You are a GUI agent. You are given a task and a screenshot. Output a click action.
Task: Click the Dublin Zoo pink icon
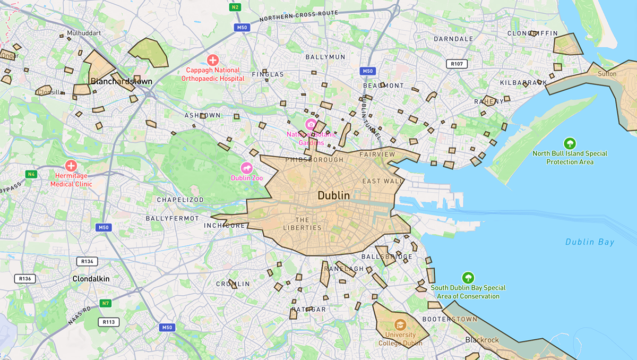(x=247, y=167)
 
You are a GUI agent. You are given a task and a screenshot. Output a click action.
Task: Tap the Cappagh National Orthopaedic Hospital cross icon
(x=213, y=59)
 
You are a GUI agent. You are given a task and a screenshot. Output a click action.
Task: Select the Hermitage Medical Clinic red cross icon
(x=71, y=165)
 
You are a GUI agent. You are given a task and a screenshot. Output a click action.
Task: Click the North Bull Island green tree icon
(x=570, y=143)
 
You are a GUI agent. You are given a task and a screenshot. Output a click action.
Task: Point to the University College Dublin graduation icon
(x=400, y=324)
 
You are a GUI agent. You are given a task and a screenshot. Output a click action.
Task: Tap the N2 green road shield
(x=235, y=7)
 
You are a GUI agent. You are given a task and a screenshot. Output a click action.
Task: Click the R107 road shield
(x=457, y=64)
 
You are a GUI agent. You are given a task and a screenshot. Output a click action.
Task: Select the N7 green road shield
(x=106, y=303)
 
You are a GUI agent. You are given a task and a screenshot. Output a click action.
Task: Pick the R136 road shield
(x=24, y=278)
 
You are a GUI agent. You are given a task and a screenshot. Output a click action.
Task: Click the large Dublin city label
(x=334, y=195)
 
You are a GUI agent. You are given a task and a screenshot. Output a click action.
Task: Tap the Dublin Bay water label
(x=589, y=242)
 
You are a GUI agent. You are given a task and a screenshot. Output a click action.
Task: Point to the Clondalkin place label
(x=91, y=278)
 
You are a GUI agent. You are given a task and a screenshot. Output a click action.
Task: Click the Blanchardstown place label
(x=122, y=81)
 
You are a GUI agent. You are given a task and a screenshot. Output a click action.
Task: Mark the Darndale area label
(x=453, y=39)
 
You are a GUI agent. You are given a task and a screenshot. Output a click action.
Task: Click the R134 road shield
(x=87, y=261)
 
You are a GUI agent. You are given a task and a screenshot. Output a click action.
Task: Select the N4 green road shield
(x=32, y=174)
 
